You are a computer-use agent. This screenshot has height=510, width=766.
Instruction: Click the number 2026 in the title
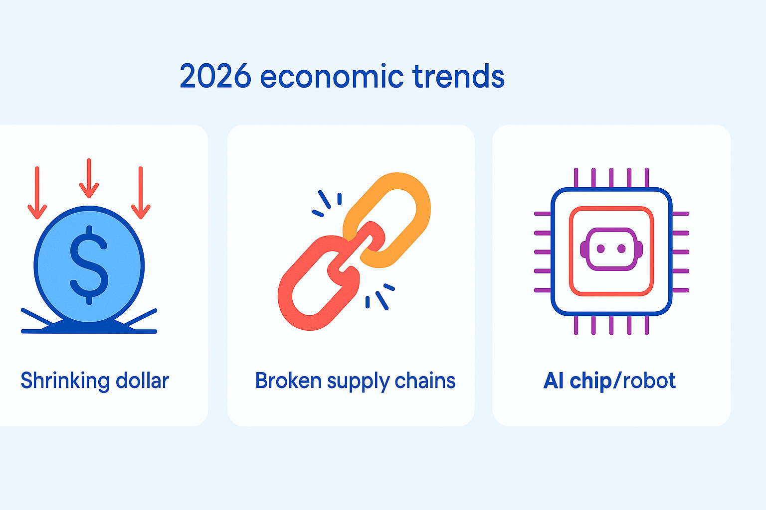215,77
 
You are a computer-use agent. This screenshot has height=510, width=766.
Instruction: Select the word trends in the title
458,77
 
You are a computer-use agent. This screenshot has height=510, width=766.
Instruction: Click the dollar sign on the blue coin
89,264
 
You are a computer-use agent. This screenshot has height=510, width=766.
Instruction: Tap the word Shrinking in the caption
65,381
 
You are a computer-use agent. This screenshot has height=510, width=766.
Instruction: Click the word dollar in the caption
142,381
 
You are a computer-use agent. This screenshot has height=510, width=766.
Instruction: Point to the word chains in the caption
425,381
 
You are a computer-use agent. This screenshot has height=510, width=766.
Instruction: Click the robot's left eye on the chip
601,249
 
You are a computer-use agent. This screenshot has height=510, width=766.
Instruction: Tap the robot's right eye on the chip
621,249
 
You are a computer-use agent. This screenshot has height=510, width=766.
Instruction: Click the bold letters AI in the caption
554,381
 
